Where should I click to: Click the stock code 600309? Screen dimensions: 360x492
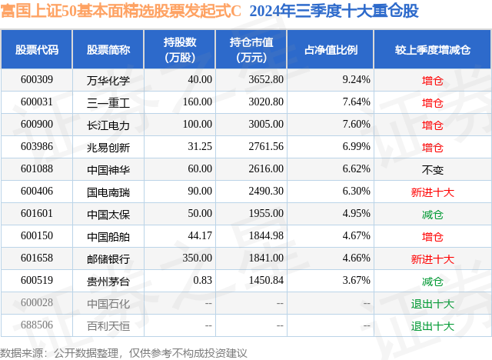(37, 80)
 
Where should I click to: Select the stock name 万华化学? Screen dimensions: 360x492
(108, 80)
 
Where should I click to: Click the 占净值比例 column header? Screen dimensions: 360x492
(336, 49)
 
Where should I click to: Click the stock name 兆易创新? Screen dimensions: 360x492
(108, 147)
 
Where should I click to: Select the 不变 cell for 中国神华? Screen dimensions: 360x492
(433, 169)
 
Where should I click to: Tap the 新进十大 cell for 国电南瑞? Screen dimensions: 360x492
(433, 192)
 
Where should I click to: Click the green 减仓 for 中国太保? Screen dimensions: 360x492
(433, 214)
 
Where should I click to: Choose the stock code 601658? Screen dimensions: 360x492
(37, 258)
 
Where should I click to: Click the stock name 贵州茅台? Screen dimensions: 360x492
(108, 281)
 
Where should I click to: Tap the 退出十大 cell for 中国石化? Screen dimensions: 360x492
(433, 303)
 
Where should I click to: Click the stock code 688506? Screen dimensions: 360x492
(37, 325)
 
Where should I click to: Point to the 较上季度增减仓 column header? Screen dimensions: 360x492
(433, 49)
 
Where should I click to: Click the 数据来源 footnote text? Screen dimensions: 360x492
(123, 352)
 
